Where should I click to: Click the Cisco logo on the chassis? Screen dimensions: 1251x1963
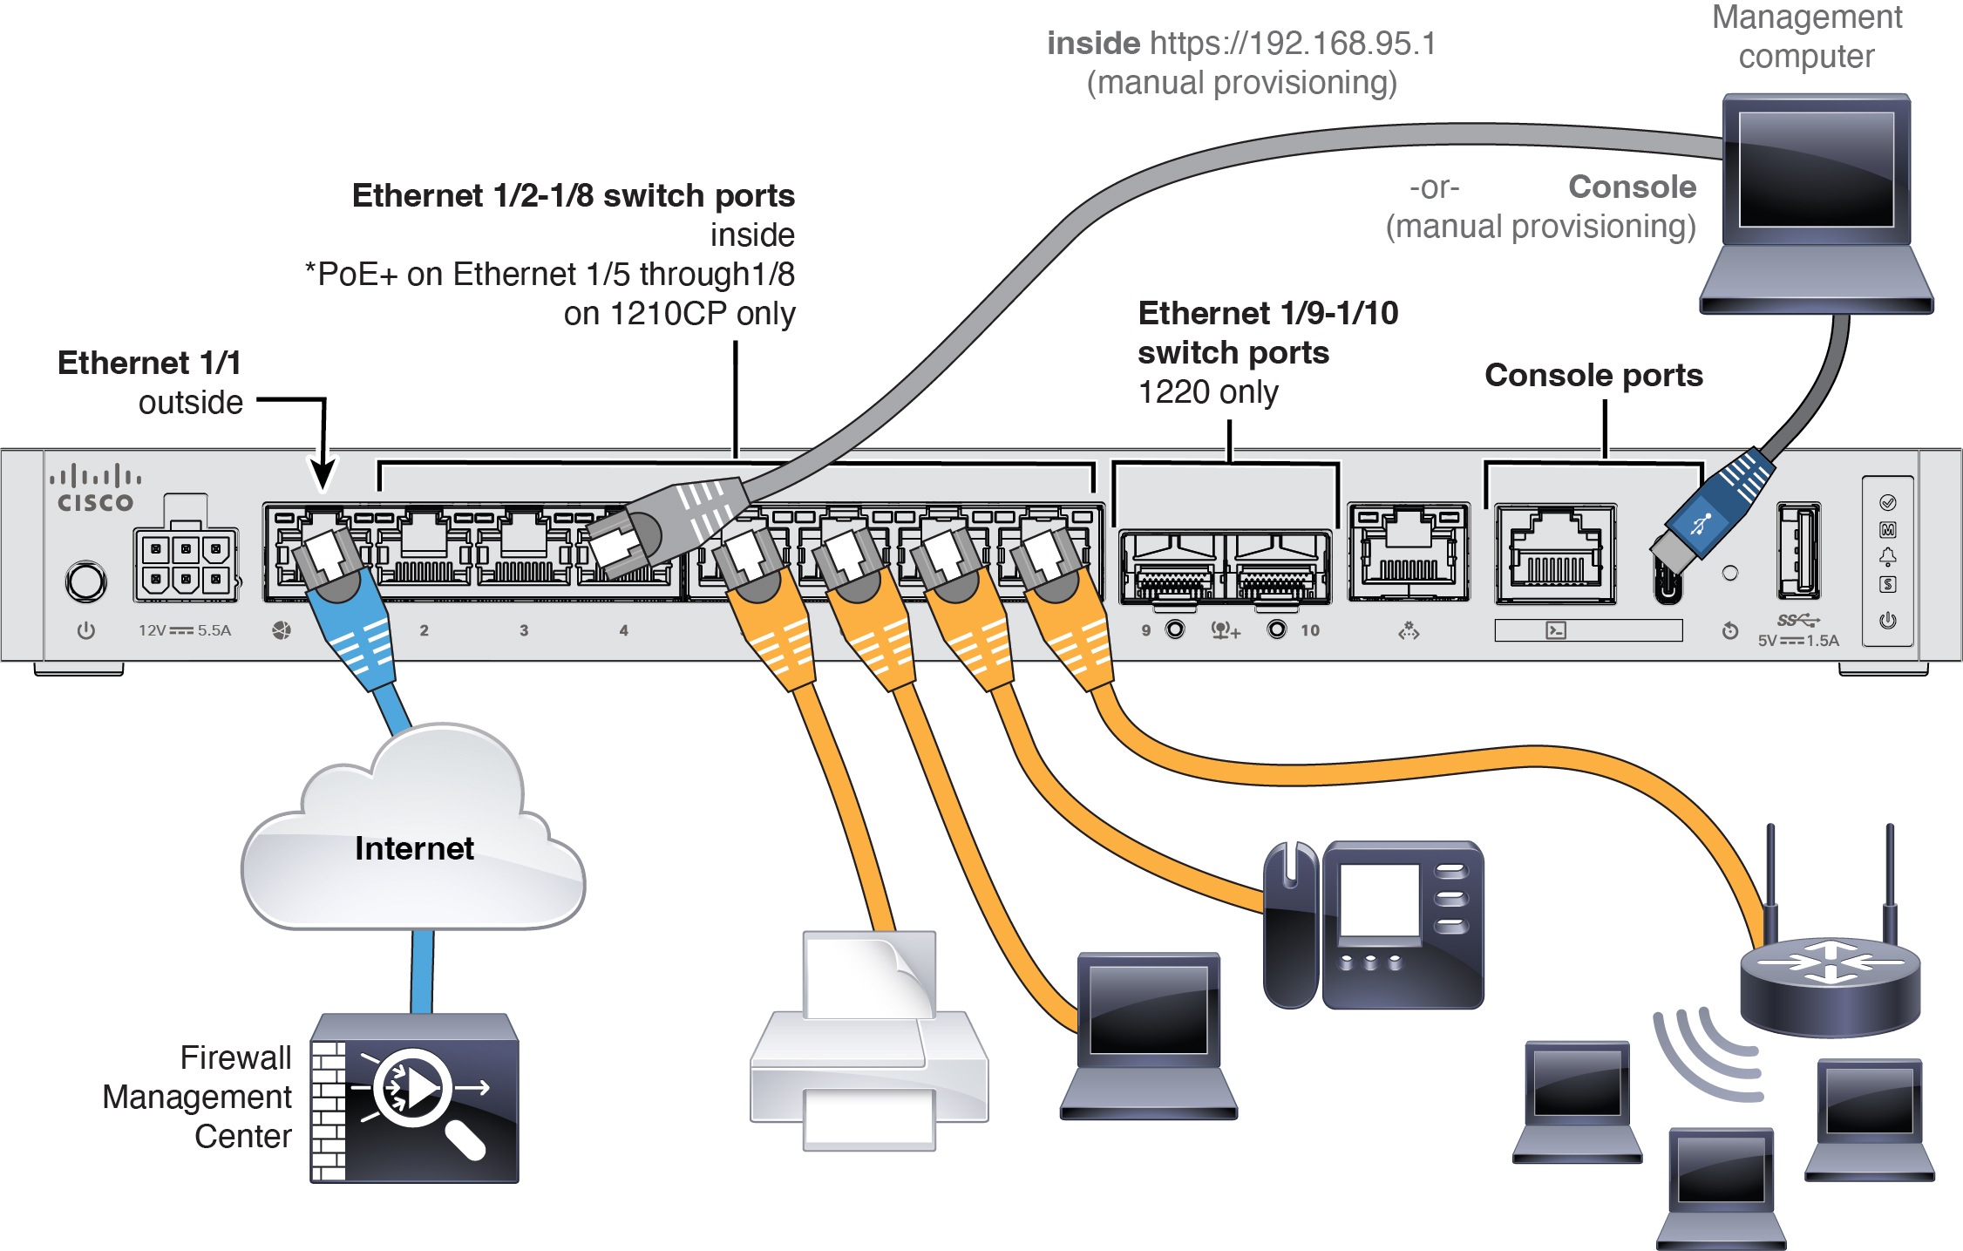tap(95, 490)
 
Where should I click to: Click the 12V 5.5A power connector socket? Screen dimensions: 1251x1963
tap(185, 565)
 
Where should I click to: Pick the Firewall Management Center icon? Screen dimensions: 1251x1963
tap(415, 1098)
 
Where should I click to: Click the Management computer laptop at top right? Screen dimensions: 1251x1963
tap(1816, 205)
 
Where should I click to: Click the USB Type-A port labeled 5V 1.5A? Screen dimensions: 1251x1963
tap(1797, 552)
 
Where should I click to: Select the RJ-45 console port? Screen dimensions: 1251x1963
tap(1556, 554)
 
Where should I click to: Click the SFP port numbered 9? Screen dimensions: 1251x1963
tap(1172, 568)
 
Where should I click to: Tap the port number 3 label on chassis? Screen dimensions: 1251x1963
tap(524, 630)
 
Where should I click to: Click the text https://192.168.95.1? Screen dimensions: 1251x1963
tap(1292, 44)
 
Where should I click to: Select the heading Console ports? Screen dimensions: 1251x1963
tap(1593, 375)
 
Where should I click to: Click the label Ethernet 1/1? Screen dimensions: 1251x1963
tap(149, 363)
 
